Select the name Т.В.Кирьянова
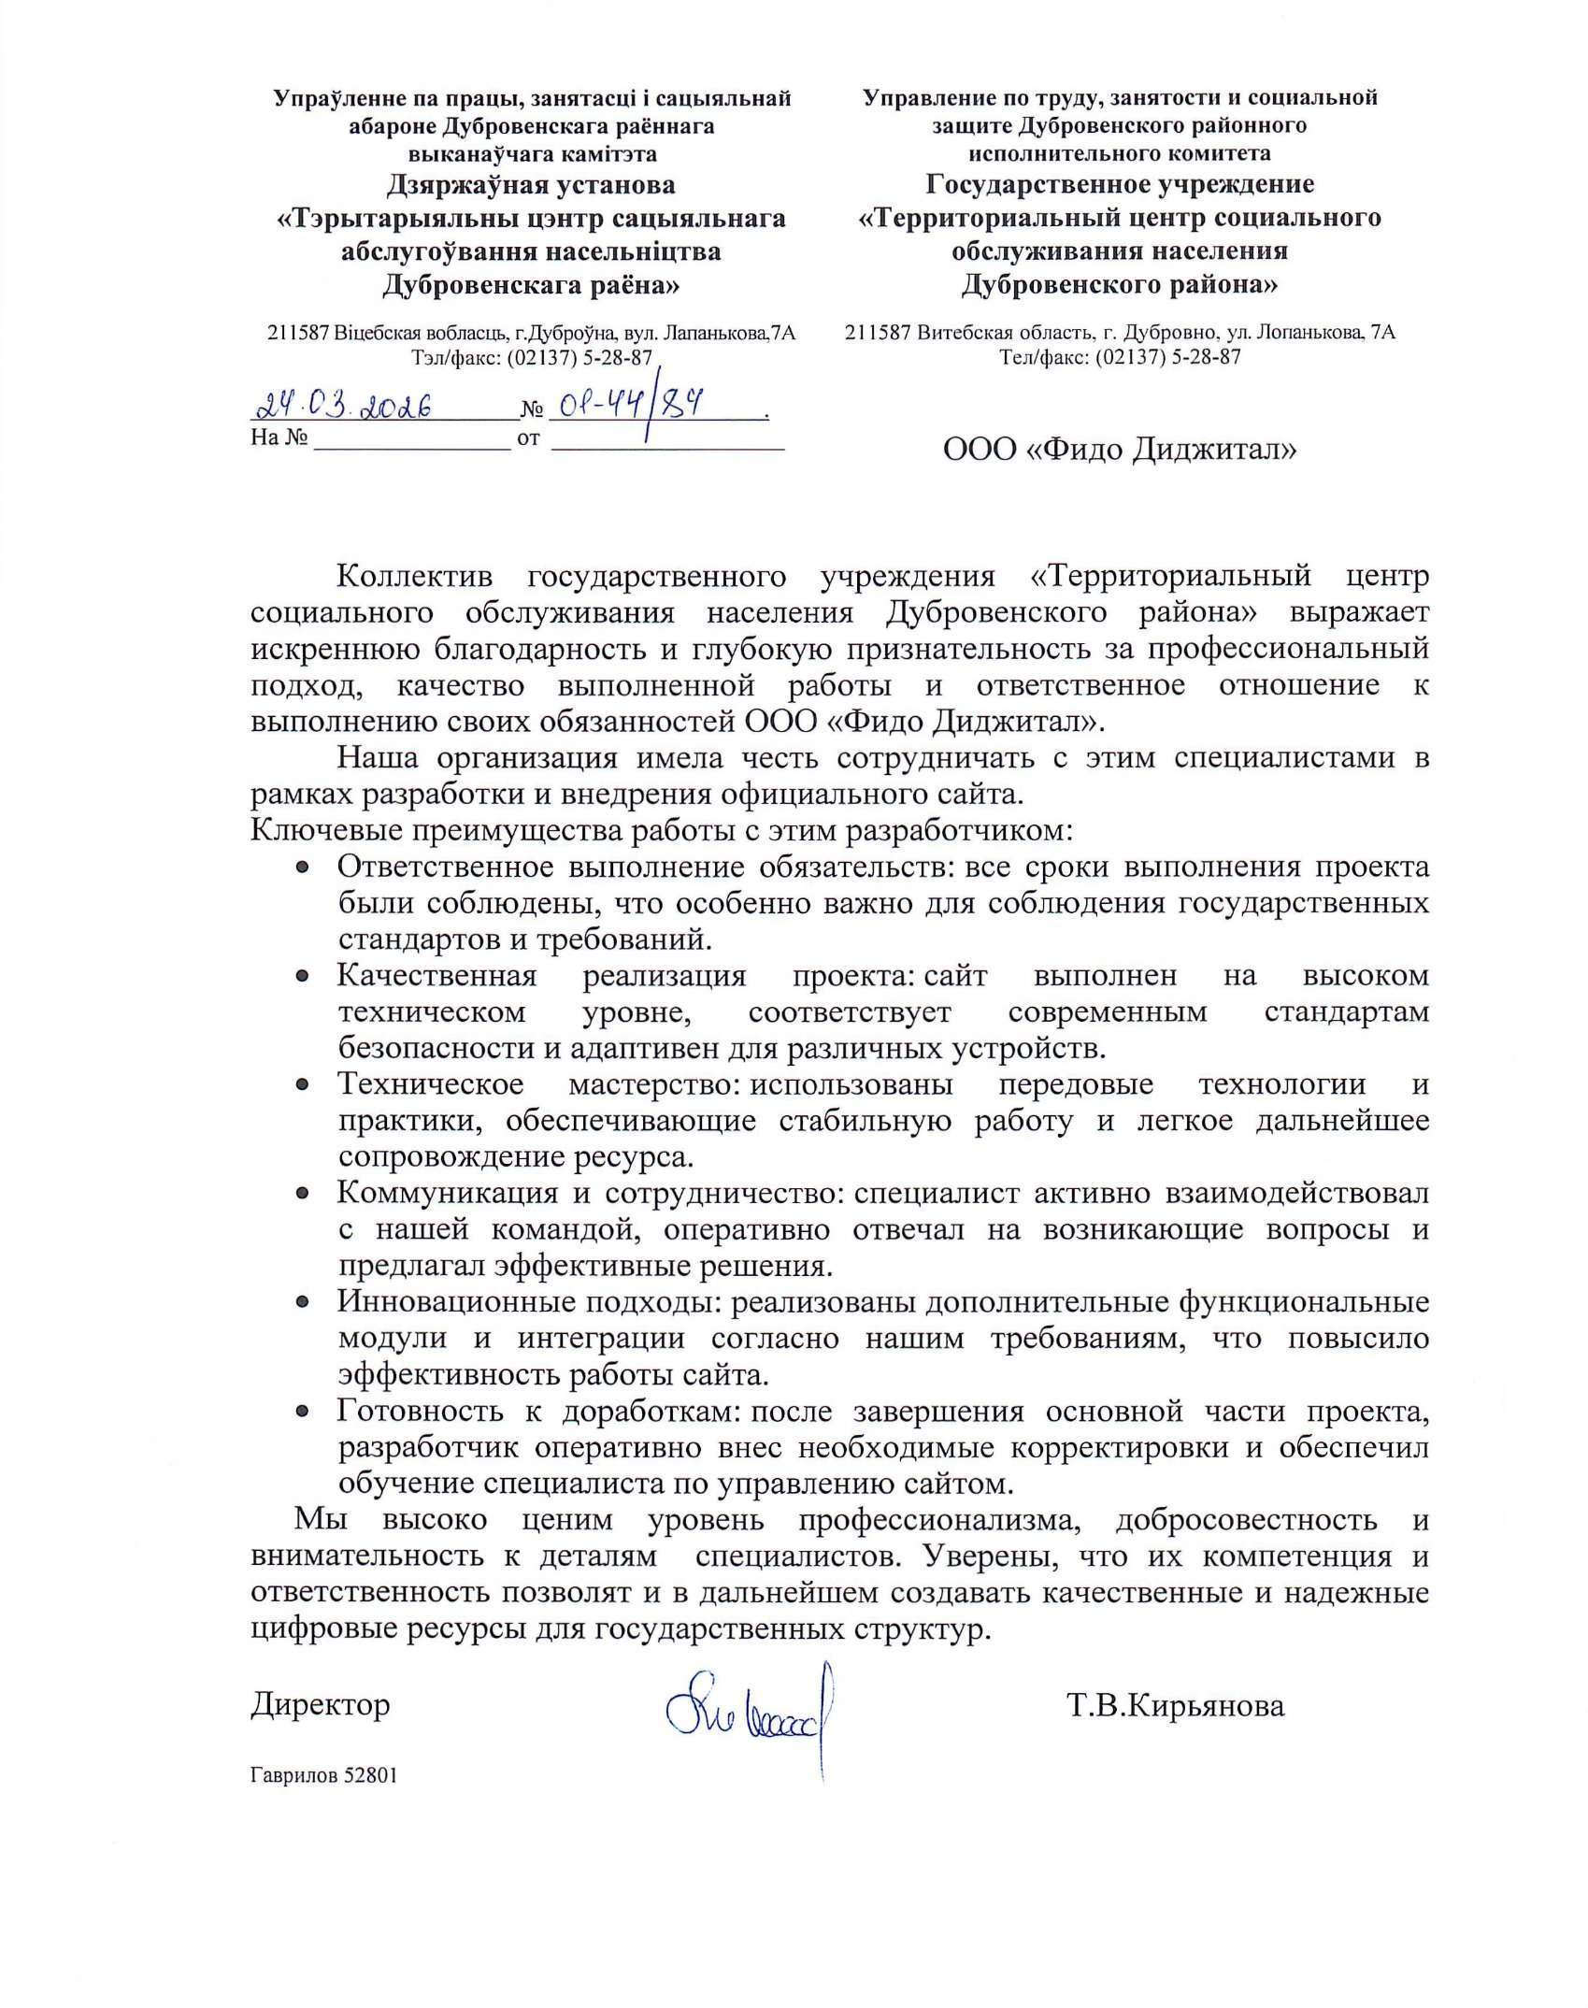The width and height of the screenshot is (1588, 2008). [1175, 1705]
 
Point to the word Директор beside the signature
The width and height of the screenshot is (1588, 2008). [320, 1704]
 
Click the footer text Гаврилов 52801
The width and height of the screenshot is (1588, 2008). [323, 1775]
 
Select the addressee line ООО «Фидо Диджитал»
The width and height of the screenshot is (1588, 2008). [1120, 450]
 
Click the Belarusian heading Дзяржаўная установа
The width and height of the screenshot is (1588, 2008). [531, 184]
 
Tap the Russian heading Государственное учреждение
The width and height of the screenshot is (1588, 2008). [1120, 184]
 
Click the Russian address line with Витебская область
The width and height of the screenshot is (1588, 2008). [1120, 332]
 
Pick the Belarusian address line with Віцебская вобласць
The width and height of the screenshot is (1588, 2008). [531, 333]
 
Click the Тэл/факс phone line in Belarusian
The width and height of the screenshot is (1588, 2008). [531, 357]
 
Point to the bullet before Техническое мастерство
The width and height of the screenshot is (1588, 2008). [302, 1086]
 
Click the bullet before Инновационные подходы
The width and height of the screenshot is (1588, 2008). [302, 1302]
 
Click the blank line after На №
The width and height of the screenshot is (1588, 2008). [412, 439]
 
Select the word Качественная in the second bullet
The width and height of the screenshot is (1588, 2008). [436, 976]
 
